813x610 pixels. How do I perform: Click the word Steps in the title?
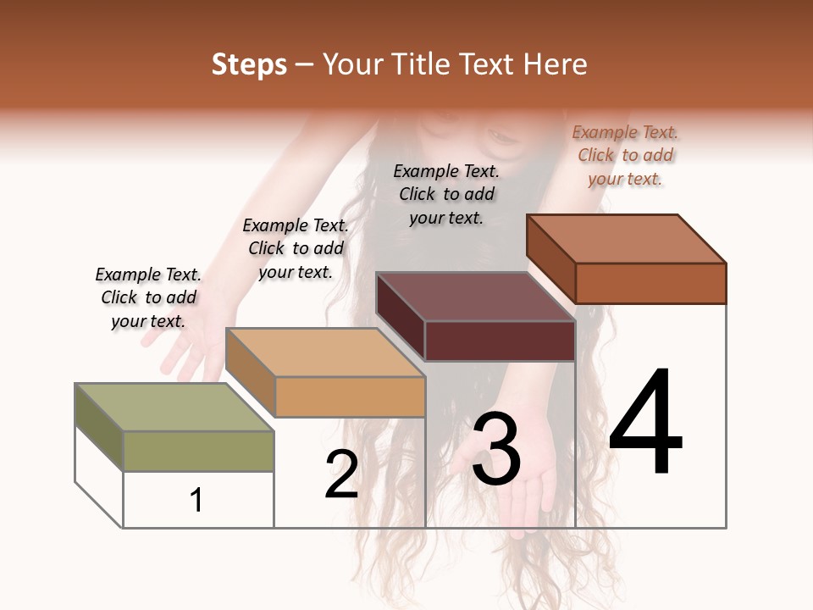249,64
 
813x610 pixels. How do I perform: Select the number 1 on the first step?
196,500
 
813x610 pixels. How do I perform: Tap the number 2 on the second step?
341,474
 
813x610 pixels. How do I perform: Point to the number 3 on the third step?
495,449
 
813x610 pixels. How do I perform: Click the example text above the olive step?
149,298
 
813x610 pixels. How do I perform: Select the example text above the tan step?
296,248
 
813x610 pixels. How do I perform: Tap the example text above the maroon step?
446,194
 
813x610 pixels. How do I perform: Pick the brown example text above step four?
625,155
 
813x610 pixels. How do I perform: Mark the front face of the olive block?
198,451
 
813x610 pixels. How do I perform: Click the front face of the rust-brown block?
650,283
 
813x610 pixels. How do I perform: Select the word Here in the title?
556,64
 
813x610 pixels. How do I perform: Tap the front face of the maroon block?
500,341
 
